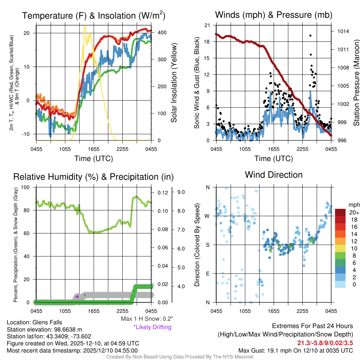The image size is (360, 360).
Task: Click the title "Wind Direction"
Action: pyautogui.click(x=274, y=175)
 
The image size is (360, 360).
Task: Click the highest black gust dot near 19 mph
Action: pyautogui.click(x=310, y=36)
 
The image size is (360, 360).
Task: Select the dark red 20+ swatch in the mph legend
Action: pyautogui.click(x=341, y=212)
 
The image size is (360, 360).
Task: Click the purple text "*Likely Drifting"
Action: pyautogui.click(x=152, y=327)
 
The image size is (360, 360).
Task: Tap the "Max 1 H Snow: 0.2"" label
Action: pyautogui.click(x=147, y=319)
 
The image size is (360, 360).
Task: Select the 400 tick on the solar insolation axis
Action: pyautogui.click(x=162, y=32)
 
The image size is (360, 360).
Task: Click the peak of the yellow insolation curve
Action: pyautogui.click(x=85, y=26)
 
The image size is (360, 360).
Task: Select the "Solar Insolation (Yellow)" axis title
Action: pyautogui.click(x=174, y=83)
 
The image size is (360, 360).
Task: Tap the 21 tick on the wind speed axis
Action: pyautogui.click(x=207, y=25)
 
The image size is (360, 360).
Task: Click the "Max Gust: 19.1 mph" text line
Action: pyautogui.click(x=295, y=350)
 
